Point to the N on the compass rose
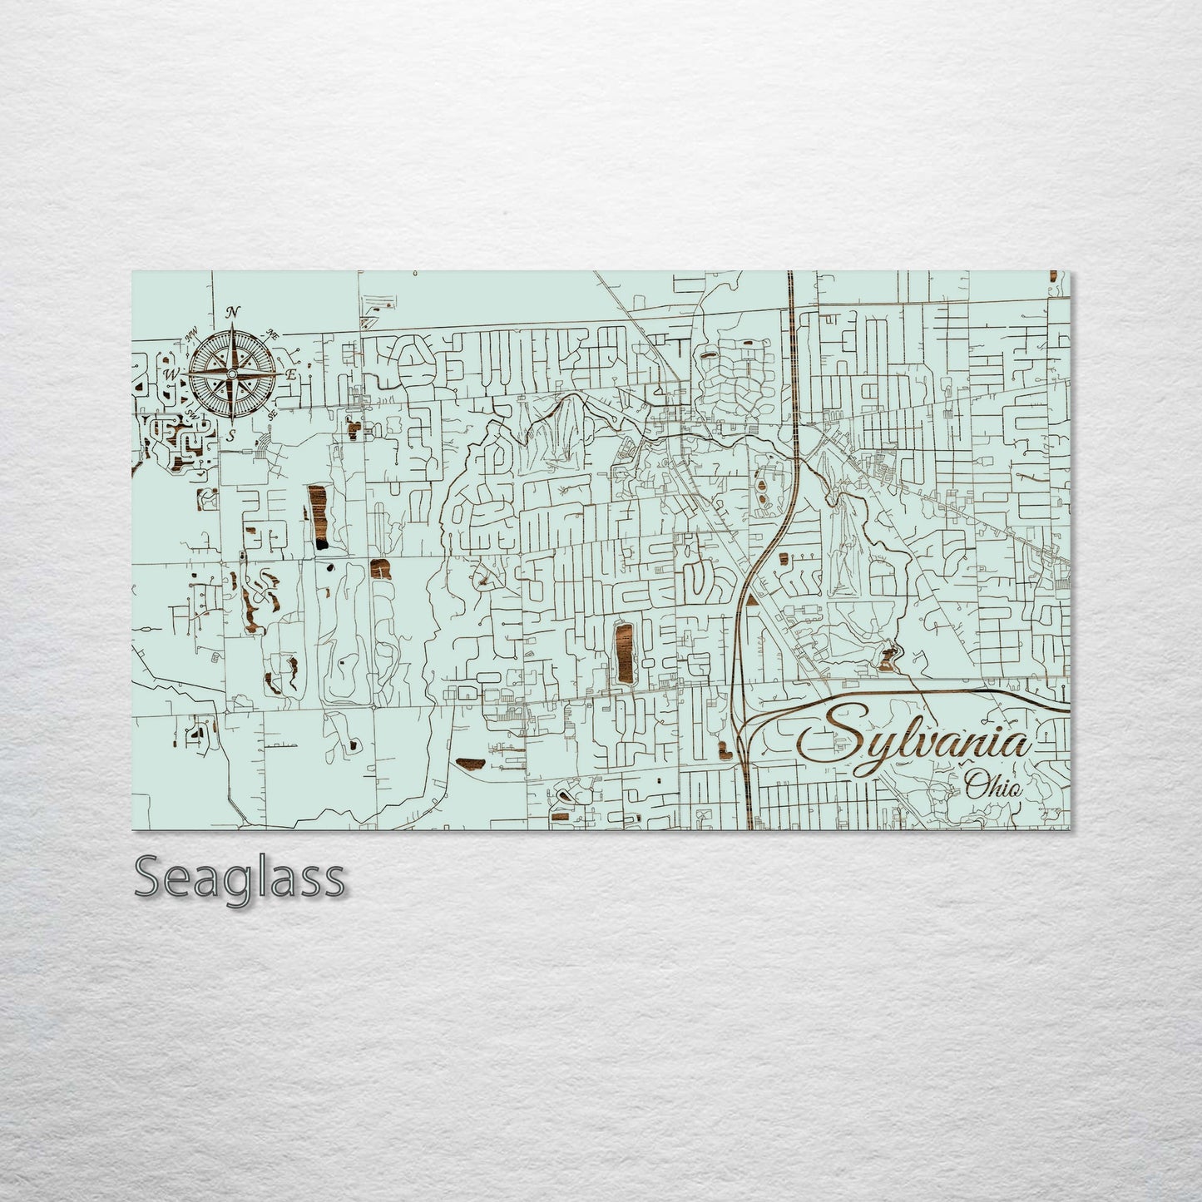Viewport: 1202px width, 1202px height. [234, 312]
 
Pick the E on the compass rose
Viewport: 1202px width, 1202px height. [291, 375]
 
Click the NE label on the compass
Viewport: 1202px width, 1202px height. [272, 334]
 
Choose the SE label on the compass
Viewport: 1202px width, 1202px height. [272, 414]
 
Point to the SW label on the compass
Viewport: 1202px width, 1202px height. [192, 414]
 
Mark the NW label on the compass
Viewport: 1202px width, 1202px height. [190, 335]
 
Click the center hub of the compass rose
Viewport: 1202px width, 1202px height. [232, 374]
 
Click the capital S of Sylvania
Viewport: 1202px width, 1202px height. [828, 732]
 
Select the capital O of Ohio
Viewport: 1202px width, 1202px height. [974, 783]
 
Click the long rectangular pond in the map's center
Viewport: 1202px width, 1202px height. [622, 653]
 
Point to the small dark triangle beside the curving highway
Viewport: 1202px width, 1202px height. [751, 598]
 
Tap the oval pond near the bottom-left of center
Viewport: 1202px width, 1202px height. [470, 761]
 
